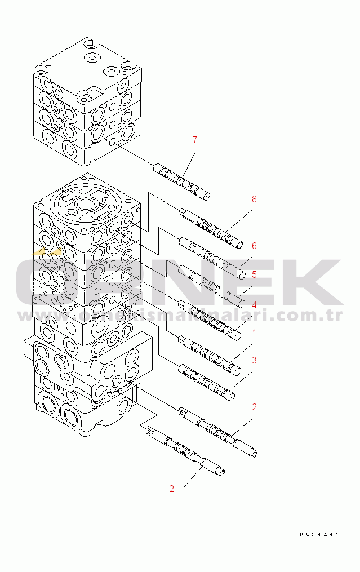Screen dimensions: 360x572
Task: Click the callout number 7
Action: click(195, 139)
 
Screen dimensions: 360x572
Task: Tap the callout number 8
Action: click(254, 199)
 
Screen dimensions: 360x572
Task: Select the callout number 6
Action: click(254, 246)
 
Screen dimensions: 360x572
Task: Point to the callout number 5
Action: click(254, 274)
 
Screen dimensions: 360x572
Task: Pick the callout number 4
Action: click(254, 304)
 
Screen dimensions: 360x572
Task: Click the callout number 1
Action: click(254, 332)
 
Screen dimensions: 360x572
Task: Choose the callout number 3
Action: click(254, 360)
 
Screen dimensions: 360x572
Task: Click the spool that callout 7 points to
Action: click(182, 181)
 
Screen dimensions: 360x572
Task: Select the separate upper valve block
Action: click(85, 101)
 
